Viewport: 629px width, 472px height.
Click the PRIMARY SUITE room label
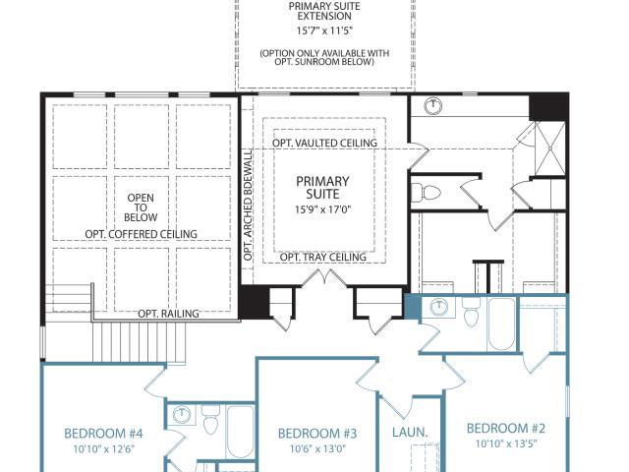coord(322,188)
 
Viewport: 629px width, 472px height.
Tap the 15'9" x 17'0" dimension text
coord(323,209)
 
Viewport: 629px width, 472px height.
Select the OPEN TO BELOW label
coord(141,207)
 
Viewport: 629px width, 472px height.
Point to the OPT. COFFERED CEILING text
coord(141,234)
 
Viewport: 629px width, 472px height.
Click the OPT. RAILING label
coord(168,313)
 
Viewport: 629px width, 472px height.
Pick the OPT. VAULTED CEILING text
coord(324,143)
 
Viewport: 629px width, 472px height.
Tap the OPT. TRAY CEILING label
coord(323,257)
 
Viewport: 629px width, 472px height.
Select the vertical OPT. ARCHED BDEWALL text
coord(249,206)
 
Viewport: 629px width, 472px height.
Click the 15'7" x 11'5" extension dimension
coord(324,30)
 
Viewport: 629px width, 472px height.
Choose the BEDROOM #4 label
coord(103,434)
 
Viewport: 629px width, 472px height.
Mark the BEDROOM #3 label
coord(317,434)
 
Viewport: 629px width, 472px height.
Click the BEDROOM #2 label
coord(506,429)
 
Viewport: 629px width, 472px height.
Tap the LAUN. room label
coord(410,433)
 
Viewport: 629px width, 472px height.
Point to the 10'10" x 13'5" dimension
coord(506,443)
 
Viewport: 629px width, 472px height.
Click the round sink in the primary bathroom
coord(432,106)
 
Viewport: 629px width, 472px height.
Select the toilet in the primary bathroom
coord(427,193)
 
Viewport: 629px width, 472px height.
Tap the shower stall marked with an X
coord(550,148)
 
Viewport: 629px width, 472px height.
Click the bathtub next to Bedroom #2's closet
coord(501,324)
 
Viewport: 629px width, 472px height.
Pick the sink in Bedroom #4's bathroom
coord(183,414)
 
